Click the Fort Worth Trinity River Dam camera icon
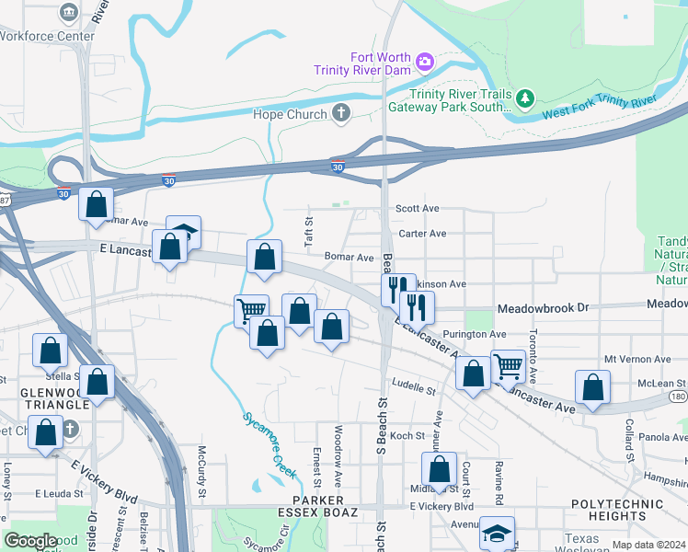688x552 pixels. point(425,63)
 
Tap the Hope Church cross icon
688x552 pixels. point(341,114)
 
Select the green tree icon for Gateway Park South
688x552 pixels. point(524,97)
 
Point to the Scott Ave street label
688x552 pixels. point(418,209)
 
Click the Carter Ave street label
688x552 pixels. point(423,234)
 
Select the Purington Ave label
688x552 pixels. point(475,334)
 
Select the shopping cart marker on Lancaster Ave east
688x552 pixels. point(508,366)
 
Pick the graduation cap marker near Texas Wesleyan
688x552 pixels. point(498,533)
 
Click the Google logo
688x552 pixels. point(31,541)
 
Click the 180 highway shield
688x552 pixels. point(677,396)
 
